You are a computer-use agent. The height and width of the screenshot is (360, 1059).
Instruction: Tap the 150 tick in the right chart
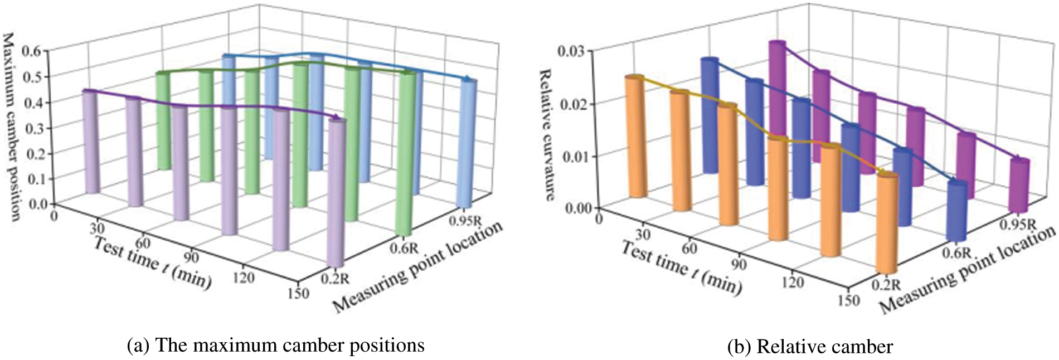pyautogui.click(x=848, y=300)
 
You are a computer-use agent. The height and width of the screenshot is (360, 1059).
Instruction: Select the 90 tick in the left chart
pyautogui.click(x=191, y=258)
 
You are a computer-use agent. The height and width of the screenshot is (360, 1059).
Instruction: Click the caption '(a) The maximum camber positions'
pyautogui.click(x=276, y=346)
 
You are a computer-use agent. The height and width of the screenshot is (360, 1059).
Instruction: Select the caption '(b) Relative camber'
pyautogui.click(x=810, y=347)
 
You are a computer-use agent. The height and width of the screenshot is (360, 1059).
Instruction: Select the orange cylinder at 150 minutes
pyautogui.click(x=887, y=223)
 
